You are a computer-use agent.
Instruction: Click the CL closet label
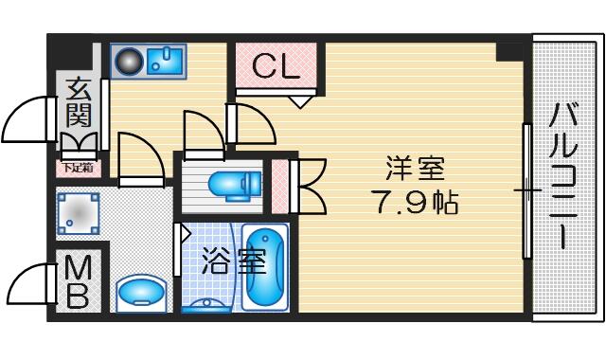tap(276, 65)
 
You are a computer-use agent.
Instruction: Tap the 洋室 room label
tap(416, 169)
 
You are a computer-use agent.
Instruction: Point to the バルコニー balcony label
tap(564, 175)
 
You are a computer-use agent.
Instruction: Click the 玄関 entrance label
tap(79, 103)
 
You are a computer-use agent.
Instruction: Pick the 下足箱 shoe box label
tap(78, 169)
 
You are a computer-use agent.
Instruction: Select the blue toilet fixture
tap(235, 186)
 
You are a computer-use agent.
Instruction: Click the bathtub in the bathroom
tap(265, 267)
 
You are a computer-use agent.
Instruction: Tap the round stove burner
tap(129, 62)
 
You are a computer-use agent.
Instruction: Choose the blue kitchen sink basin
tap(165, 60)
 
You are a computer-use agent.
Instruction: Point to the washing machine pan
tap(78, 213)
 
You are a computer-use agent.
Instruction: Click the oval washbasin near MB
tap(141, 293)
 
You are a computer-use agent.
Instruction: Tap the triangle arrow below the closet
tap(300, 102)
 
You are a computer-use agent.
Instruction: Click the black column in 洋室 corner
tap(509, 51)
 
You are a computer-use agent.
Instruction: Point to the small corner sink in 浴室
tap(206, 305)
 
